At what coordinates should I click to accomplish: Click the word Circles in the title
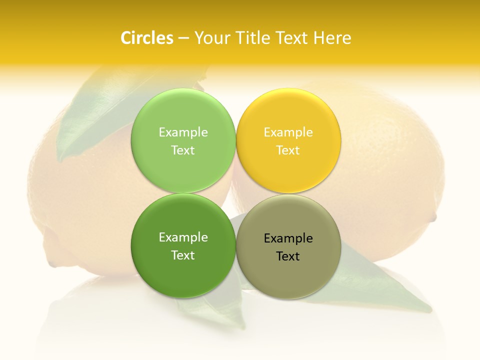[147, 38]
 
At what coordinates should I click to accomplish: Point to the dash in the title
[183, 38]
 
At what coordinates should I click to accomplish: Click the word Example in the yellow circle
[288, 132]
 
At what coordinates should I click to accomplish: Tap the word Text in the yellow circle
[288, 150]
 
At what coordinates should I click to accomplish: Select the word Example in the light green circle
[183, 132]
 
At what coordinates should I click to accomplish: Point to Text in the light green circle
[183, 150]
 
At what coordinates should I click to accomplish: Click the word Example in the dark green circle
[183, 237]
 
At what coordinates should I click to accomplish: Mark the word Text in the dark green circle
[183, 255]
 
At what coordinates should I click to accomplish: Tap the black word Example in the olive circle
[288, 238]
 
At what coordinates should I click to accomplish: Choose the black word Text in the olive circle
[288, 256]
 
